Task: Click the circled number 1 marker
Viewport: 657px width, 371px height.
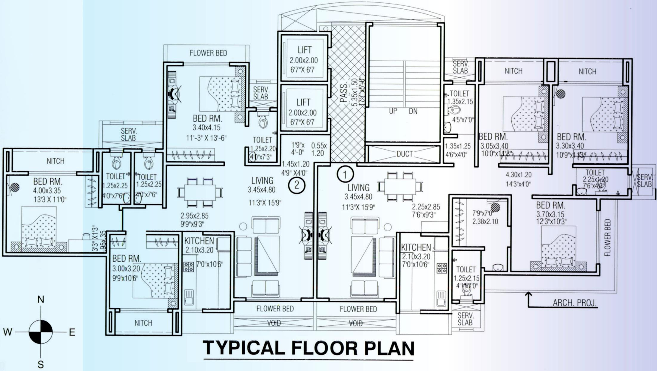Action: click(x=345, y=174)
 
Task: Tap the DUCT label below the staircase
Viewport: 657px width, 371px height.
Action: click(x=405, y=154)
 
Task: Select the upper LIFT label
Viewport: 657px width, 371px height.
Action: click(x=304, y=50)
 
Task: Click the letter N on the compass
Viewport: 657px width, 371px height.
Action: click(x=41, y=300)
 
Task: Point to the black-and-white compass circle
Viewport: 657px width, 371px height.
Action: click(x=41, y=332)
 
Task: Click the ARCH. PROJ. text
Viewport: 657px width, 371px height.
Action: click(x=574, y=303)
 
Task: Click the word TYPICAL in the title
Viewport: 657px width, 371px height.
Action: click(x=243, y=348)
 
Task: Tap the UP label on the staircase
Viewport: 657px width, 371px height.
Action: click(x=393, y=111)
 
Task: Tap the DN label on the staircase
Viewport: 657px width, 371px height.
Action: click(x=413, y=111)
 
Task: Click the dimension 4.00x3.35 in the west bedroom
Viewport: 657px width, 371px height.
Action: click(x=47, y=191)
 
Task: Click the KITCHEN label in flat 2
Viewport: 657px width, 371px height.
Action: click(x=199, y=241)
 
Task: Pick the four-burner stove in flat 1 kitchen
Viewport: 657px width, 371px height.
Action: click(x=442, y=268)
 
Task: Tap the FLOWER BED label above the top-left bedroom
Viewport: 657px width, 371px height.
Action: click(x=208, y=53)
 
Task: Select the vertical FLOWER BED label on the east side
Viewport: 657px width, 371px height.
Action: click(x=607, y=237)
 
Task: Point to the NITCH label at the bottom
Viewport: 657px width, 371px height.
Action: click(x=143, y=323)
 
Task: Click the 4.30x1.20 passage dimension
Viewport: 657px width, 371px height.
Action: click(x=519, y=175)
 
